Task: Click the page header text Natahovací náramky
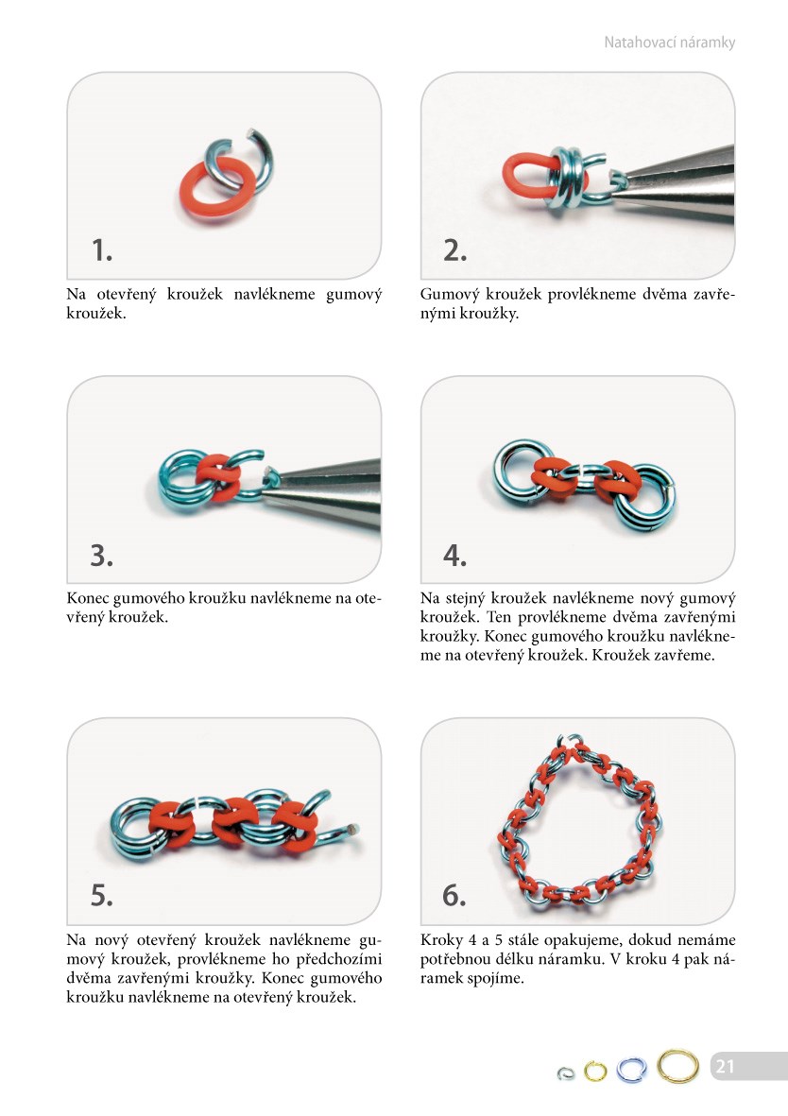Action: pos(669,43)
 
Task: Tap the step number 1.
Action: pos(102,249)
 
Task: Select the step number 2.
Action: pos(454,249)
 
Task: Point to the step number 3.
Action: pos(102,555)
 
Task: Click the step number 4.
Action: pos(454,555)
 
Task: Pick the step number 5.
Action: pos(102,895)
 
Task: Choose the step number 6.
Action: pos(454,895)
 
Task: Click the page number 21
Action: pos(725,1066)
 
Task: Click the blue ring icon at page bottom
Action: pos(619,1070)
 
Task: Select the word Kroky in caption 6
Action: pos(441,940)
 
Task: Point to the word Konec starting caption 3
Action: pos(88,598)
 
